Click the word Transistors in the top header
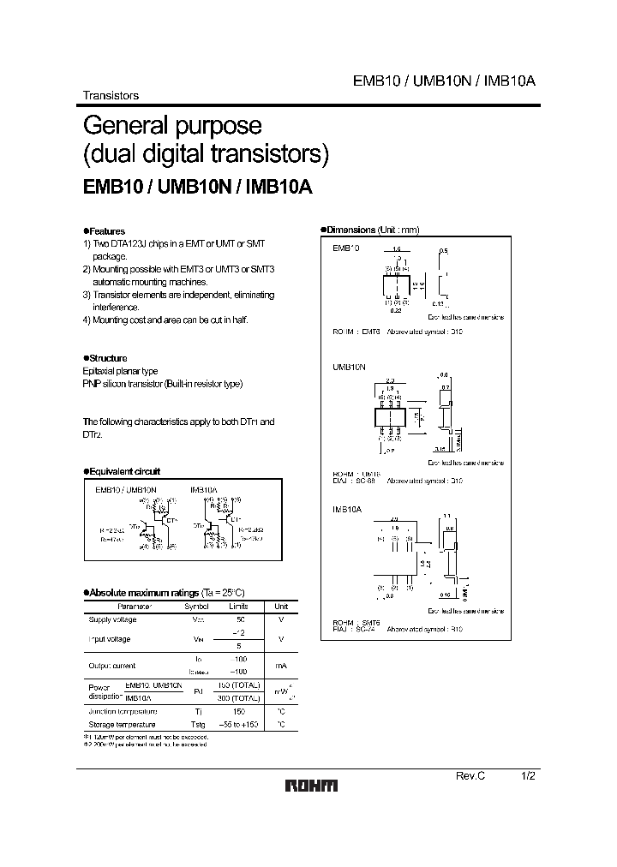111,96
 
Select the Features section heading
105,231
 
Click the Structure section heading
106,358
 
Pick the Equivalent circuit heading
123,471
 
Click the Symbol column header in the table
197,606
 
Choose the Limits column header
241,606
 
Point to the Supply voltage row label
112,619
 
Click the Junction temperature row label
123,712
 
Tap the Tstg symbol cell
197,725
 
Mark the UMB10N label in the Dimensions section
349,366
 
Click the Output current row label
111,665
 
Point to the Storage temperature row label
122,725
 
